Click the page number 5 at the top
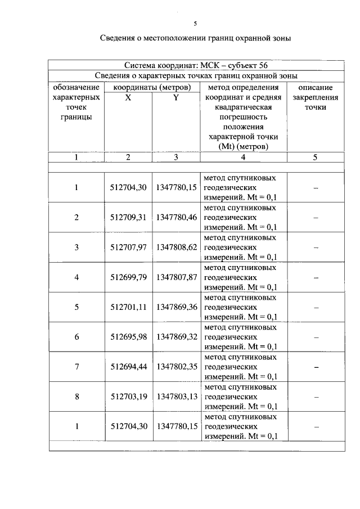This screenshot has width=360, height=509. click(x=195, y=24)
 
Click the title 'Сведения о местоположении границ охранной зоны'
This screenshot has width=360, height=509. click(x=195, y=39)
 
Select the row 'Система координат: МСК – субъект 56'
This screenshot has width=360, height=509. click(x=195, y=65)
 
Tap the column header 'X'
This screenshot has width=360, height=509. click(x=128, y=97)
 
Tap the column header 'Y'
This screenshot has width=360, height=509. click(x=176, y=97)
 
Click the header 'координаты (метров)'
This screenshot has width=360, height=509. click(x=152, y=88)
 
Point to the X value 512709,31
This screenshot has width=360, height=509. click(x=128, y=217)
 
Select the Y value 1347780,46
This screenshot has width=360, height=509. click(x=176, y=217)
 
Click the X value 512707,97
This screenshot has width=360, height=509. click(x=128, y=247)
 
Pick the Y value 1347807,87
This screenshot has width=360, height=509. click(x=176, y=277)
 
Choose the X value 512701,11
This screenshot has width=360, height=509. click(x=128, y=307)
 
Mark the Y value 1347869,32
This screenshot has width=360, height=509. click(x=176, y=337)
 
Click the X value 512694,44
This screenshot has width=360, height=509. click(x=128, y=367)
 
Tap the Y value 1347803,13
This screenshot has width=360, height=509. click(x=176, y=397)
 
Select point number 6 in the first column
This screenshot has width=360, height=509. click(x=76, y=337)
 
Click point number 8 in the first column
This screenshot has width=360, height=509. click(x=76, y=397)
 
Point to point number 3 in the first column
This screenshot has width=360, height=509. click(x=76, y=247)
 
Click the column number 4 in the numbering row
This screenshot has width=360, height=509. click(x=243, y=157)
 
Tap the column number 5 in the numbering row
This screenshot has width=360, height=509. click(x=315, y=157)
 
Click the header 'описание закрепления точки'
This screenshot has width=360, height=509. click(x=315, y=97)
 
